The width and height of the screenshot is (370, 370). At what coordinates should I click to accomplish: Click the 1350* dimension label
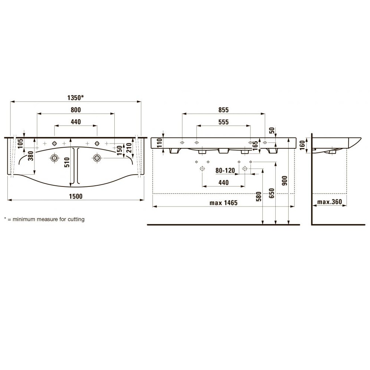click(x=75, y=97)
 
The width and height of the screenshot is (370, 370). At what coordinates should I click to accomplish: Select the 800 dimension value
click(x=76, y=110)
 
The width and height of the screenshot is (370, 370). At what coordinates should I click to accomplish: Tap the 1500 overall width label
click(x=76, y=196)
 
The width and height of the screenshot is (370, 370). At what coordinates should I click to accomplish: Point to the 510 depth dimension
click(x=67, y=162)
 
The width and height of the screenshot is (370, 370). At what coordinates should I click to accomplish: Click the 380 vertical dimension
click(x=31, y=156)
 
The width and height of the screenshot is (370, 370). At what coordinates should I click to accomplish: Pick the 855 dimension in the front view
click(x=223, y=110)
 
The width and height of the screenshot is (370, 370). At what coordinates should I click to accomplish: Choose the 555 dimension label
click(x=223, y=122)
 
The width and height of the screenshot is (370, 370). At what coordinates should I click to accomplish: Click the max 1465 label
click(x=223, y=203)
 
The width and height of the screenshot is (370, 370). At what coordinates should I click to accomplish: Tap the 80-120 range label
click(x=225, y=170)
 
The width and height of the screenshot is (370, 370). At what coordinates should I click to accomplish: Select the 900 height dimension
click(x=285, y=181)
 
